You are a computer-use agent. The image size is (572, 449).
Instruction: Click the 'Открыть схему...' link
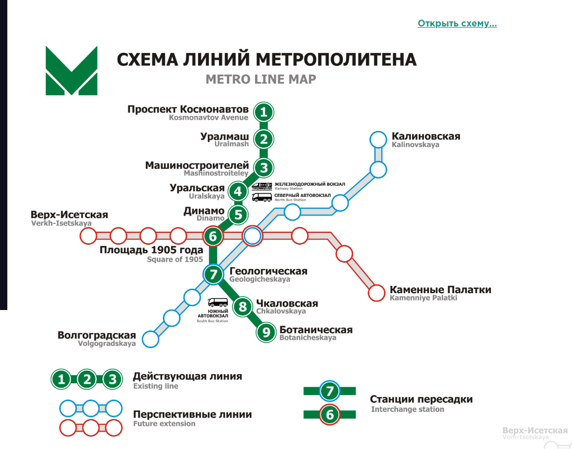click(x=457, y=23)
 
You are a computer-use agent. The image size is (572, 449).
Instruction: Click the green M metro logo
click(x=71, y=71)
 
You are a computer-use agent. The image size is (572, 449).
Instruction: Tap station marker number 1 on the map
click(x=263, y=112)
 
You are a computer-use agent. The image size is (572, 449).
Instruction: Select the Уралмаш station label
click(x=224, y=137)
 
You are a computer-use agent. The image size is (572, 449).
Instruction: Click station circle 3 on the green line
click(x=263, y=168)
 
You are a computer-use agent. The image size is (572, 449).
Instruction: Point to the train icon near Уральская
click(x=262, y=186)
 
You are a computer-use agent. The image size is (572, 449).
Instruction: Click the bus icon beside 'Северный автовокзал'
click(x=262, y=197)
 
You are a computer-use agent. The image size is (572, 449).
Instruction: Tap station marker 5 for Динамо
click(x=238, y=215)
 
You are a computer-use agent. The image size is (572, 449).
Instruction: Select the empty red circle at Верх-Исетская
click(x=88, y=236)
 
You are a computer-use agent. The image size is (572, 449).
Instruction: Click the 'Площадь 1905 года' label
click(x=151, y=250)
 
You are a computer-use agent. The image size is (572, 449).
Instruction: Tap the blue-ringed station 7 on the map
click(x=213, y=274)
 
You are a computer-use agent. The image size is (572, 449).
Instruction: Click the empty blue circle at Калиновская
click(x=378, y=140)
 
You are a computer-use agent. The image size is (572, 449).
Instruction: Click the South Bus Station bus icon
click(x=218, y=303)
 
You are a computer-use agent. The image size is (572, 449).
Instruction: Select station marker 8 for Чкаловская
click(x=243, y=307)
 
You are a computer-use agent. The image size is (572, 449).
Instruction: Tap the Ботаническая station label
click(x=316, y=330)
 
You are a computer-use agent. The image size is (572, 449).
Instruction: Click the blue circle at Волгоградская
click(x=150, y=339)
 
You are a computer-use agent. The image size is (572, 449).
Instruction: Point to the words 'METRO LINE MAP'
click(x=261, y=79)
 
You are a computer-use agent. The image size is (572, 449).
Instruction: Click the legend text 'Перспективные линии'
click(x=192, y=415)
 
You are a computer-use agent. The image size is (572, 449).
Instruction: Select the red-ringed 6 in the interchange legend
click(x=330, y=414)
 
